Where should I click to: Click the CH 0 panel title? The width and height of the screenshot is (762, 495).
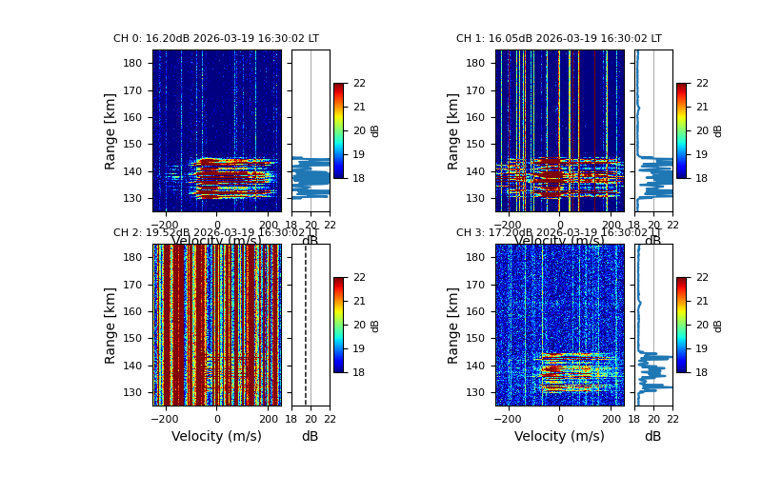tap(216, 39)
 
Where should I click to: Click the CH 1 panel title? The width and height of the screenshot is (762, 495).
tap(559, 39)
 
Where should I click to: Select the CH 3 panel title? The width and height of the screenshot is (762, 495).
tap(559, 233)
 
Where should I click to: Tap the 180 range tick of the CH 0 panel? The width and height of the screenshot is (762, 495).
tap(137, 63)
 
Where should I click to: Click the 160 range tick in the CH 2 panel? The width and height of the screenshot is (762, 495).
tap(137, 311)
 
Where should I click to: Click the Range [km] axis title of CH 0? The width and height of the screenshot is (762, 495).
tap(110, 130)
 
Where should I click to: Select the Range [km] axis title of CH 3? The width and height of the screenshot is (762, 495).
tap(453, 325)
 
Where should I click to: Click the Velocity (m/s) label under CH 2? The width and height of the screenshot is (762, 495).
tap(216, 437)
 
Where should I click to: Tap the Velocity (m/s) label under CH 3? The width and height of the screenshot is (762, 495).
tap(559, 437)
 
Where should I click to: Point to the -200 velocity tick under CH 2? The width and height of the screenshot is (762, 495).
tap(166, 417)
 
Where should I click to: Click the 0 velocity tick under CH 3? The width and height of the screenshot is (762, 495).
tap(560, 417)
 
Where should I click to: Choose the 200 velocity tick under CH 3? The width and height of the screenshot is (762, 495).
tap(611, 417)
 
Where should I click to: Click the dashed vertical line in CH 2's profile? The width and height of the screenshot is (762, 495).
tap(306, 325)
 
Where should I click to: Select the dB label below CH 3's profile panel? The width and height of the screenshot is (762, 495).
tap(652, 437)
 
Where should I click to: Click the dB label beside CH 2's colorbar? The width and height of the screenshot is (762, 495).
tap(375, 325)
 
